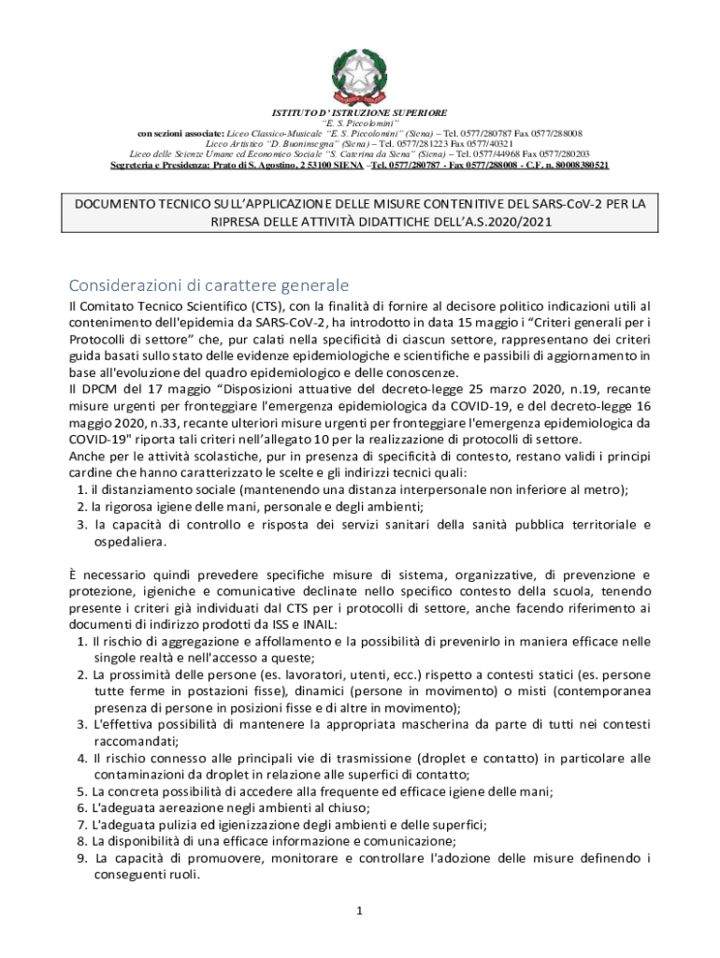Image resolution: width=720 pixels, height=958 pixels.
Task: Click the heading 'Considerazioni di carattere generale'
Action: tap(209, 284)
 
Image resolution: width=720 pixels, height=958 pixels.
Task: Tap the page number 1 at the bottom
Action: tap(359, 911)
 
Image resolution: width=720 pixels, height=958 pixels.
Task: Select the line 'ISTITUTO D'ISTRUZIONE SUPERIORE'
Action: tap(360, 113)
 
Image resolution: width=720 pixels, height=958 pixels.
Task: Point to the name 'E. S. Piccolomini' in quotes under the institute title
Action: tap(360, 123)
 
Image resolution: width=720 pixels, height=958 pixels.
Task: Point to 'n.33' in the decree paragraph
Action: tap(135, 424)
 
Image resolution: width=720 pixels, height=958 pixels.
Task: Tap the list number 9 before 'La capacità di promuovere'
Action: tap(81, 858)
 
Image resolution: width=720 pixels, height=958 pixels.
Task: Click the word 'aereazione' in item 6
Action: tap(206, 807)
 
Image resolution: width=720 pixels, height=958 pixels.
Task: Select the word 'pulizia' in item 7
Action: tap(177, 824)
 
